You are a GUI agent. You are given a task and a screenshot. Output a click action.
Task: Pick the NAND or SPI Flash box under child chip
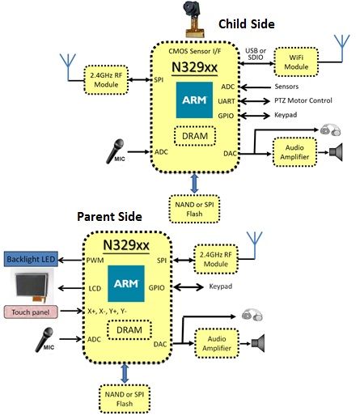(x=193, y=204)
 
